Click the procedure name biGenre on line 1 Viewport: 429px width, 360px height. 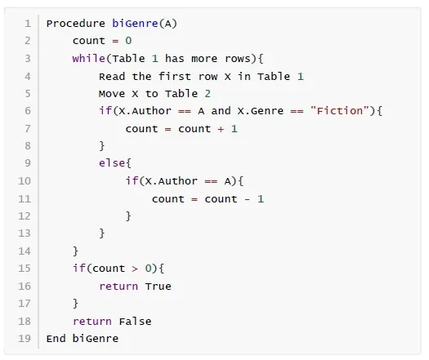coord(135,24)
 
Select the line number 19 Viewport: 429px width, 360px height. coord(25,339)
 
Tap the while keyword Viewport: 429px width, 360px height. coord(88,59)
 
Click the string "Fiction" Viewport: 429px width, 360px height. coord(340,111)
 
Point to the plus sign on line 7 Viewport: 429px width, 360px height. coord(221,129)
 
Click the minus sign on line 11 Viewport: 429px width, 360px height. coord(248,199)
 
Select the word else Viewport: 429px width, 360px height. coord(112,163)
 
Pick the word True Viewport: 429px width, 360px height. coord(159,287)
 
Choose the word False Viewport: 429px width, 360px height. coord(135,322)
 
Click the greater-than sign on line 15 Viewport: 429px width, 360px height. coord(135,269)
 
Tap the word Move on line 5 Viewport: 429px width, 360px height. coord(112,94)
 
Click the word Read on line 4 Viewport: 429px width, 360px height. coord(112,76)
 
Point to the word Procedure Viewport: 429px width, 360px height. coord(75,24)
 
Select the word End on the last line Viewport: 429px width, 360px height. coord(56,339)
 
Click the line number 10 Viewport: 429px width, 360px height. coord(25,181)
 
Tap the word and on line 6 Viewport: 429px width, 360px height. coord(221,111)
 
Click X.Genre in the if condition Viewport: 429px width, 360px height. coord(261,111)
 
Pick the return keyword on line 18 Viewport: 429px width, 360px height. coord(92,322)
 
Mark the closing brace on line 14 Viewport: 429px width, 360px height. coord(75,251)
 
